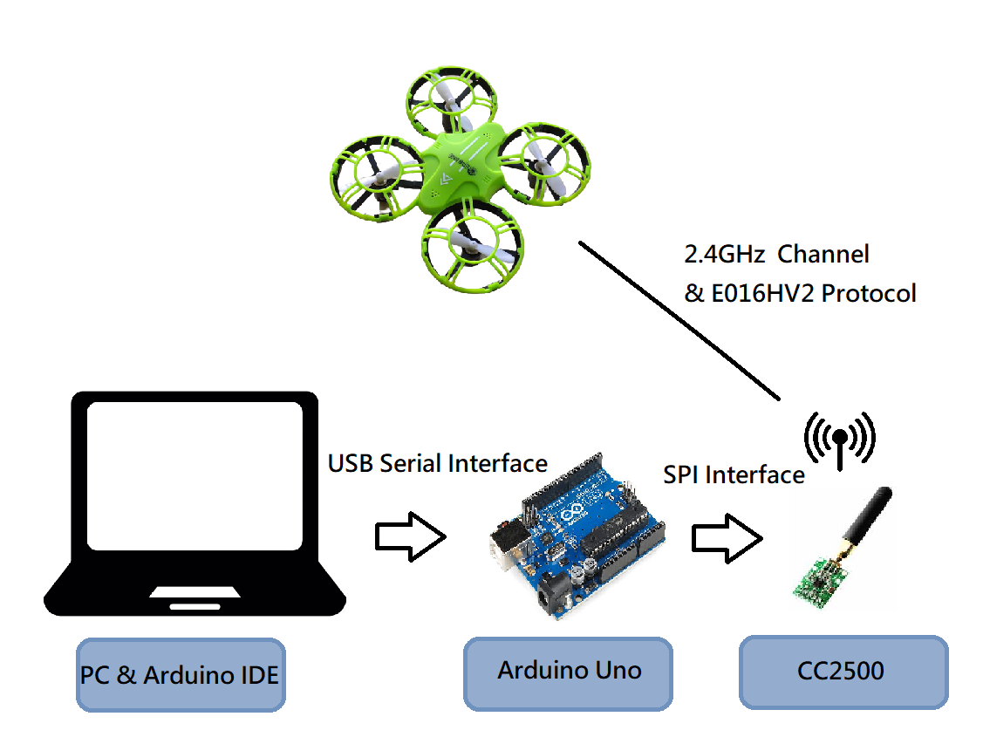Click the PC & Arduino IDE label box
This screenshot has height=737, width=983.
pos(181,675)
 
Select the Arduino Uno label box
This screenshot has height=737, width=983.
pos(568,672)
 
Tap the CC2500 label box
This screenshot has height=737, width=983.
pos(843,671)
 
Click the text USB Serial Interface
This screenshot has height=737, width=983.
pos(437,463)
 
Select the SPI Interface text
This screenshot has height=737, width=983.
pos(734,474)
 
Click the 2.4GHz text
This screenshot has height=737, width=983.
pos(724,255)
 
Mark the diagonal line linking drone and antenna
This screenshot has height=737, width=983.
pos(680,323)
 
